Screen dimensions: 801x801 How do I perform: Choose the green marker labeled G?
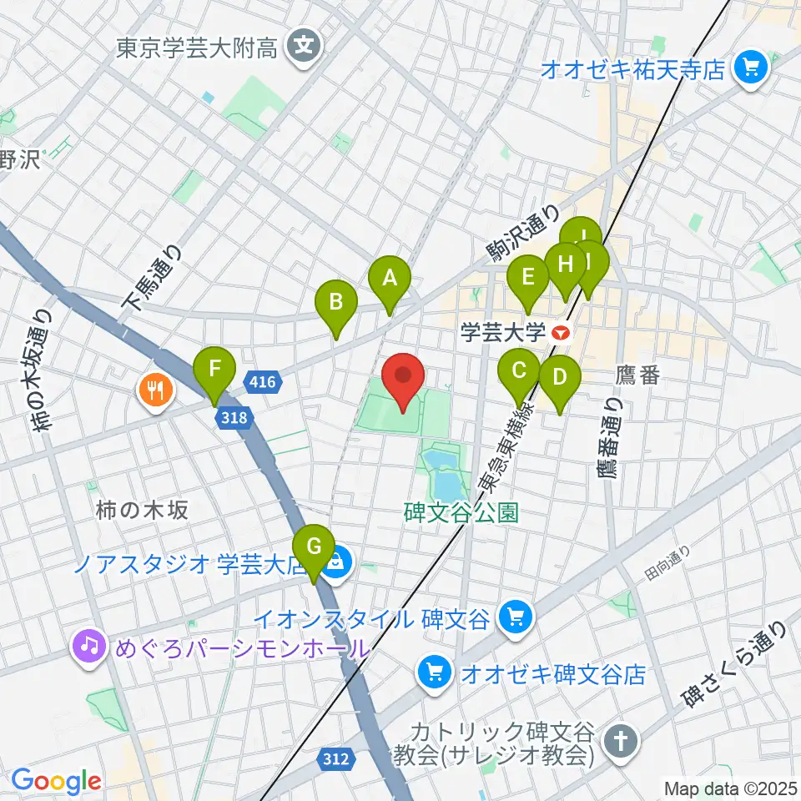[x=314, y=549]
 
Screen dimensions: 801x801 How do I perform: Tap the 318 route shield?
[x=234, y=417]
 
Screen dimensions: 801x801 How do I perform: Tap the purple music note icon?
[x=88, y=645]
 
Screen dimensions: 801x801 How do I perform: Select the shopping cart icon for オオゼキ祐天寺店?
[x=753, y=68]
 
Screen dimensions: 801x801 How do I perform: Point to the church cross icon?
[x=622, y=739]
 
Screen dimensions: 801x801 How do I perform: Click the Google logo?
[x=56, y=780]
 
